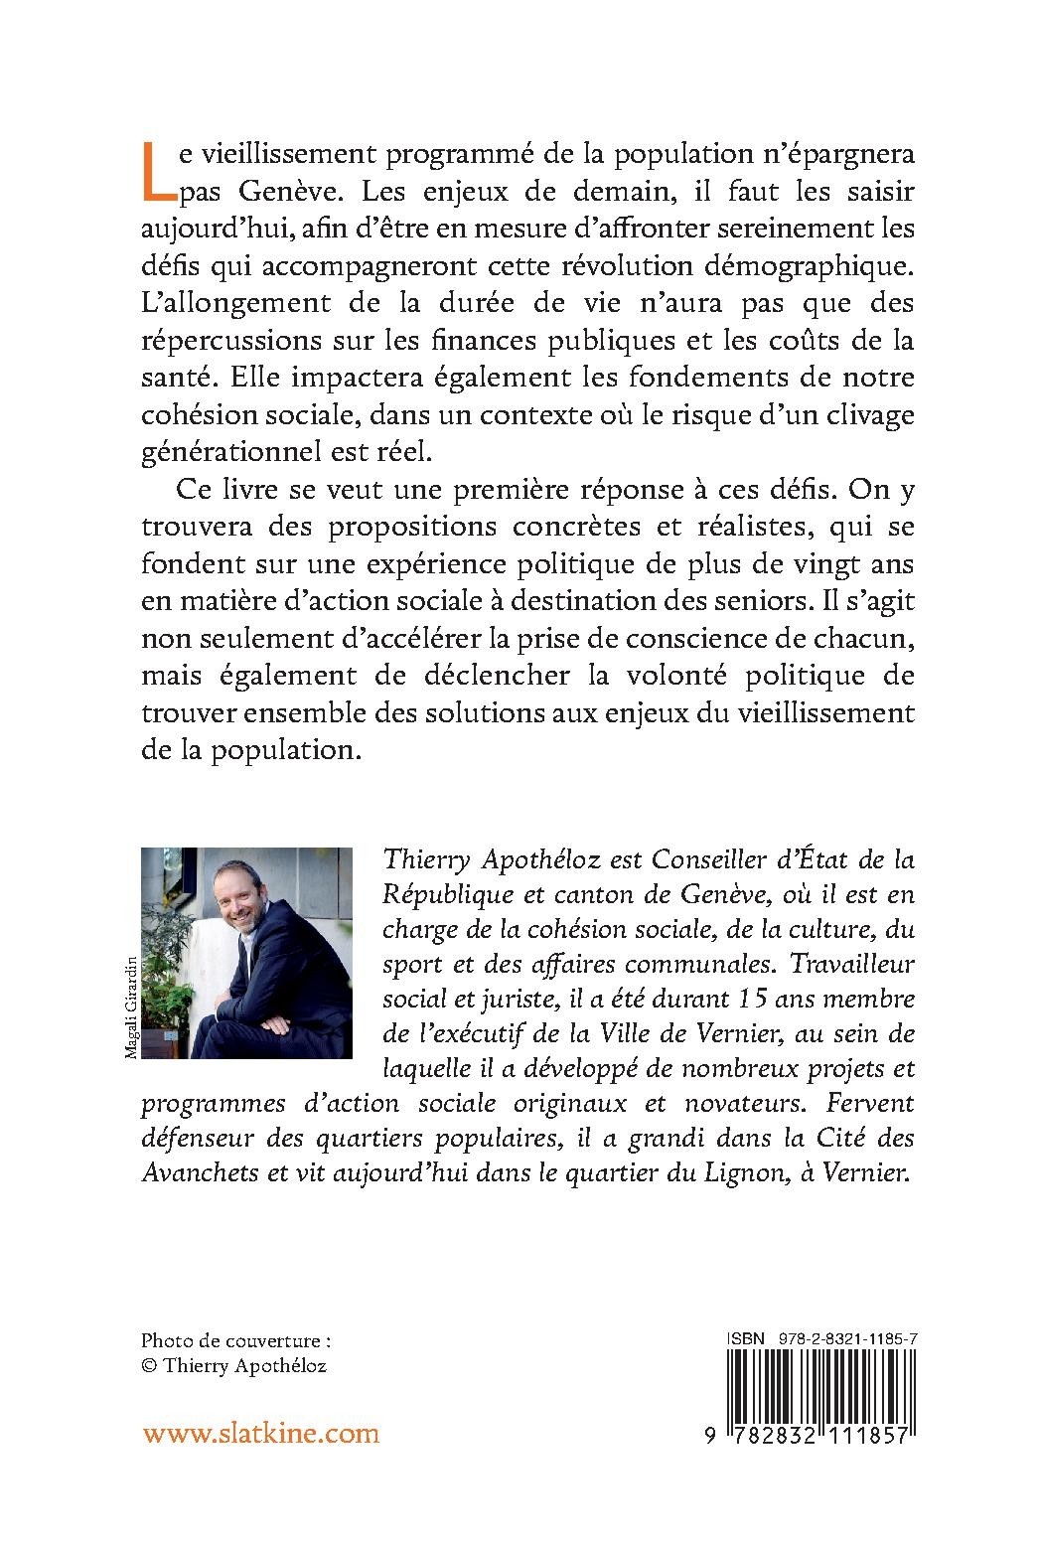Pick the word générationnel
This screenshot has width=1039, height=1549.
[239, 452]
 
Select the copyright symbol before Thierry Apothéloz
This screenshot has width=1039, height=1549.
[150, 1365]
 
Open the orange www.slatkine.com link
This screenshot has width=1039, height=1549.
[261, 1434]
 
